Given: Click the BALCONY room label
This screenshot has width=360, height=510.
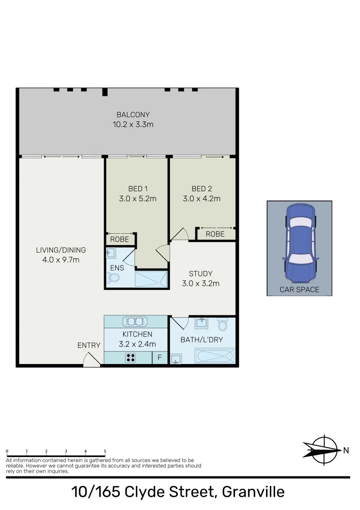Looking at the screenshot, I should pos(133,114).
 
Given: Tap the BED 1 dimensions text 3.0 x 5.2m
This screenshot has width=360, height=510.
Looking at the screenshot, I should pos(138,199).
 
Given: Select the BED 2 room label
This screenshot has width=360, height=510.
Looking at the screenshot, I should pos(201,189).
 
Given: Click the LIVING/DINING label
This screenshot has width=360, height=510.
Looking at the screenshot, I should pos(61,250).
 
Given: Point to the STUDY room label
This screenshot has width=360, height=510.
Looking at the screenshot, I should pos(201,273).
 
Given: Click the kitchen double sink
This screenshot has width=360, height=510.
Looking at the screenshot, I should pos(135,322).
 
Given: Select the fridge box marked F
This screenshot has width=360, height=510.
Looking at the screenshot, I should pos(159,358).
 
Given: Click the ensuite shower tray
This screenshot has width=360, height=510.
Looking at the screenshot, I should pos(151,279).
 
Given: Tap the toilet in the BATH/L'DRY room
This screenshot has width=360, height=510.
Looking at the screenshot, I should pos(223,325).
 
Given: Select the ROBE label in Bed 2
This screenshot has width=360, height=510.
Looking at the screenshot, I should pos(215,234).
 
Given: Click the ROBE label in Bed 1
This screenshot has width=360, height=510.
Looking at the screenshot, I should pos(120,239).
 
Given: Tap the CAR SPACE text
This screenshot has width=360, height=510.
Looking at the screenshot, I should pos(300,289).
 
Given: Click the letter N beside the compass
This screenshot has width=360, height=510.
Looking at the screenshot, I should pos(346,450).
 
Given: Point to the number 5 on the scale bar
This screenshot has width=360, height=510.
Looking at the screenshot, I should pos(105,451).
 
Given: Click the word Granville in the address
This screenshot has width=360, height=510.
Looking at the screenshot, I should pos(253,492).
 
